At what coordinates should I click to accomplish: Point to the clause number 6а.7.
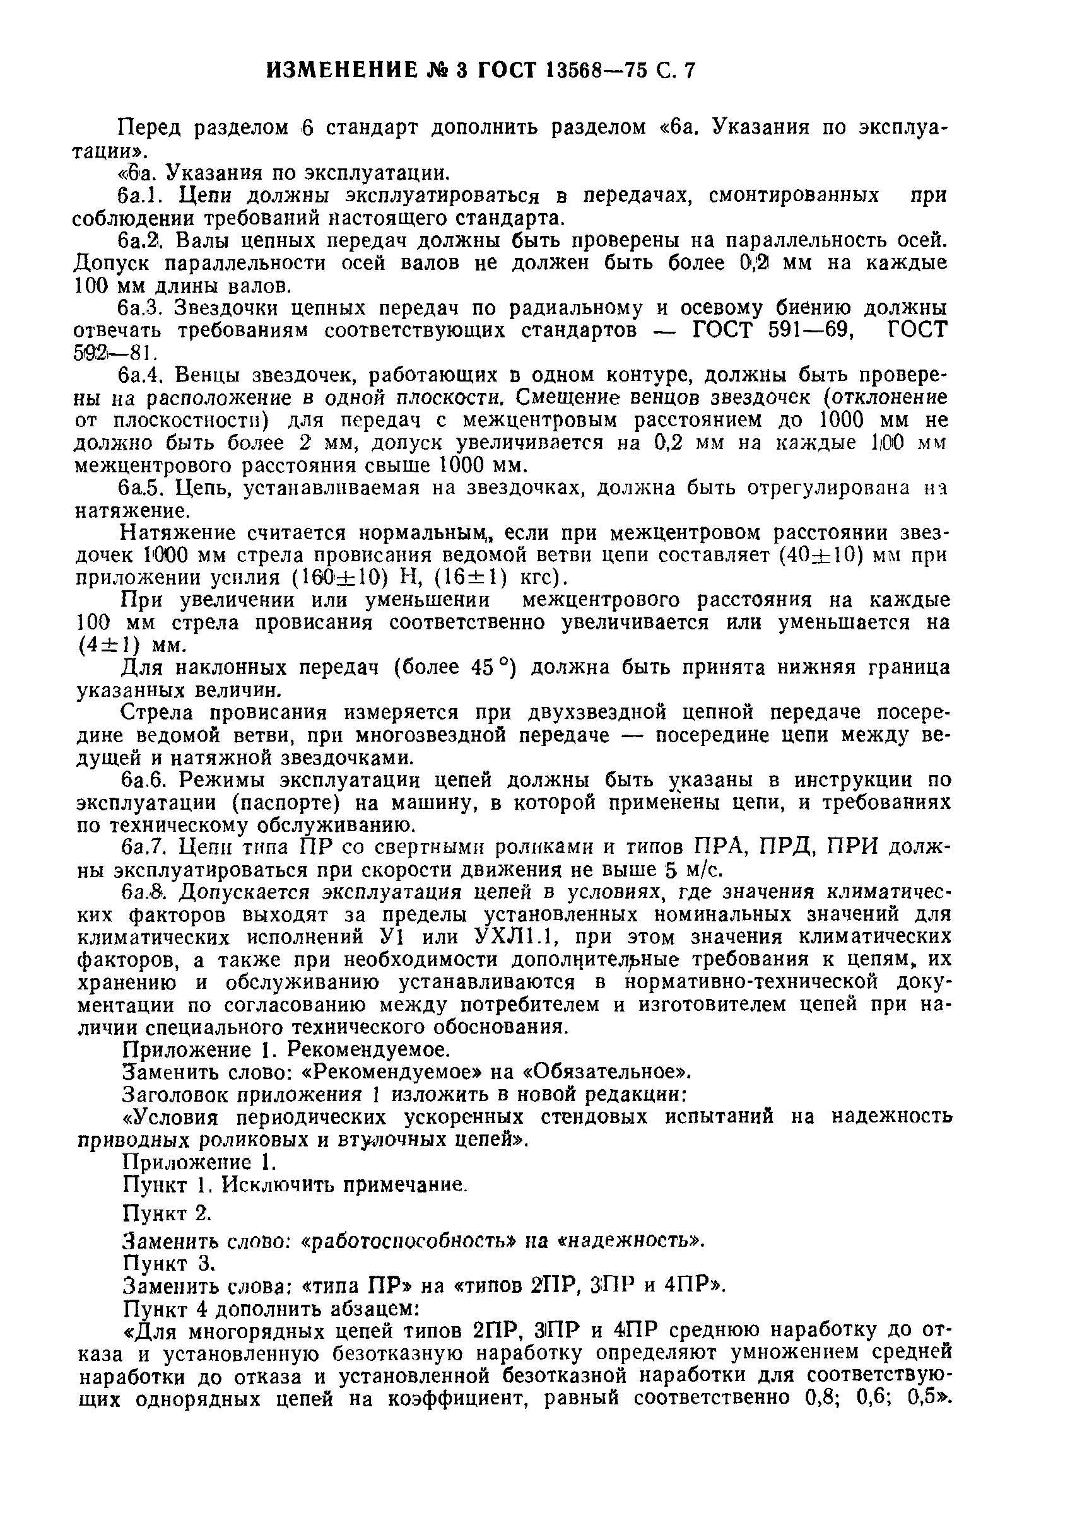tap(143, 847)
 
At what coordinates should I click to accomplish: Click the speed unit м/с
tap(700, 870)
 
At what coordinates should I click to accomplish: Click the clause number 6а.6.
tap(143, 780)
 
